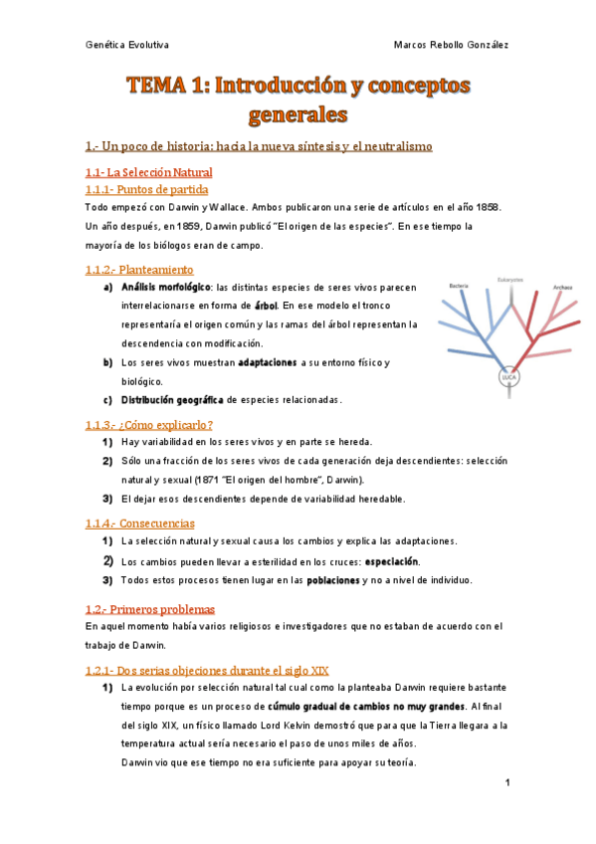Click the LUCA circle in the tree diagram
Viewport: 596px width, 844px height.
pyautogui.click(x=509, y=378)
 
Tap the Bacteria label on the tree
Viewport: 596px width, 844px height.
pyautogui.click(x=459, y=286)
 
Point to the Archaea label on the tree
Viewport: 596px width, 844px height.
pyautogui.click(x=563, y=286)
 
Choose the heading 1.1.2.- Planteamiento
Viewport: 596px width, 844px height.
pyautogui.click(x=139, y=269)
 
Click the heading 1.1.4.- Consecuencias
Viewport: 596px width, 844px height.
pyautogui.click(x=140, y=523)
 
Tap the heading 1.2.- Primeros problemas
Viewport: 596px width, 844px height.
pyautogui.click(x=150, y=608)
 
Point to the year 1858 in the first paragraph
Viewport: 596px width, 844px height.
pyautogui.click(x=488, y=206)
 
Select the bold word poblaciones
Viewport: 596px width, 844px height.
pyautogui.click(x=339, y=580)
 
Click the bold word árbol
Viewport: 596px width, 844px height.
pyautogui.click(x=265, y=306)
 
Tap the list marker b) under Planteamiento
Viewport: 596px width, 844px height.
pyautogui.click(x=107, y=362)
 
